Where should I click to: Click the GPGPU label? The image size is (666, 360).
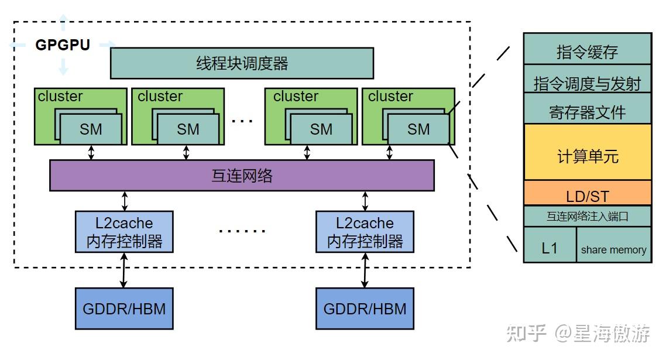point(63,45)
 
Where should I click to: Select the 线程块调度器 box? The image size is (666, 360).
point(242,63)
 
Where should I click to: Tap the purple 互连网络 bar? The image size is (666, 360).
point(242,176)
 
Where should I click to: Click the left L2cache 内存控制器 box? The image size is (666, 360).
point(124,232)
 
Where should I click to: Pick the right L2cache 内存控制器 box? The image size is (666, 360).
point(365,232)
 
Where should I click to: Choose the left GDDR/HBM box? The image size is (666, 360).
point(124,308)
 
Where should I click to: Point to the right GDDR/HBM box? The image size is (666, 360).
point(365,308)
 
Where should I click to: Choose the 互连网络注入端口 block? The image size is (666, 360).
point(587,216)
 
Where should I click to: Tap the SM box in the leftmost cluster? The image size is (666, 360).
point(91,129)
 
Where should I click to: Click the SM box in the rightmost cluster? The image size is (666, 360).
point(418,129)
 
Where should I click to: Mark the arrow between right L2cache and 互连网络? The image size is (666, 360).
point(365,201)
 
